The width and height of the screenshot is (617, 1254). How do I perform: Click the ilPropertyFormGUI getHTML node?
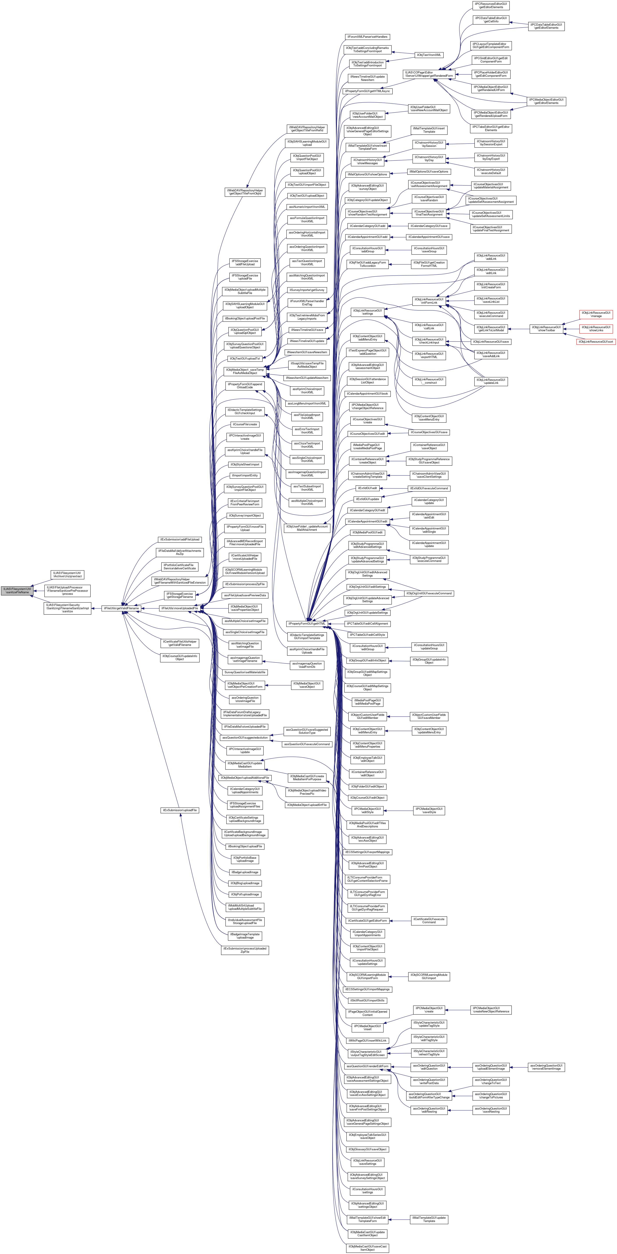click(307, 623)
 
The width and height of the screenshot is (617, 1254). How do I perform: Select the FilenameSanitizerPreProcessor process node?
click(68, 590)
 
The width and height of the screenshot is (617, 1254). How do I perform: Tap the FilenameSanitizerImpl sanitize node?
click(68, 609)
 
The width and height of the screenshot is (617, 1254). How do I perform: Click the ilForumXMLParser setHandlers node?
click(367, 37)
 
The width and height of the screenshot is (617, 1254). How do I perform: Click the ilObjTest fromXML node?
click(428, 55)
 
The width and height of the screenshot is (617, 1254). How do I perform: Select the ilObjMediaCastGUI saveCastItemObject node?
click(367, 1248)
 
